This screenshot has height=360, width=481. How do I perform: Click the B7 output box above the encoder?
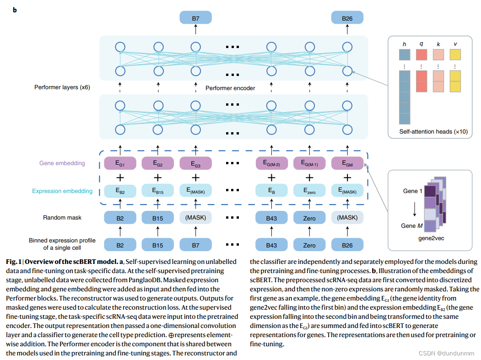(195, 18)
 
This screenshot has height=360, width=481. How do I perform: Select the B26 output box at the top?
(347, 18)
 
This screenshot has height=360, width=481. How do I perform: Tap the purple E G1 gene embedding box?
(120, 163)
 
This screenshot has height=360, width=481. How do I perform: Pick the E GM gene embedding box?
(347, 163)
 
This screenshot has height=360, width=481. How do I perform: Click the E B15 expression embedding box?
(158, 191)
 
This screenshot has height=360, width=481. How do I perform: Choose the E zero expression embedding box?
(309, 191)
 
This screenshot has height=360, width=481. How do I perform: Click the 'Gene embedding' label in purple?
(62, 163)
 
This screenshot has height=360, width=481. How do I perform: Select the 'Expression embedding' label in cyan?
(62, 191)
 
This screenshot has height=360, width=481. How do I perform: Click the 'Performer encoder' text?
(230, 88)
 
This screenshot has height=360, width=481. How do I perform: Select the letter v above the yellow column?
(455, 44)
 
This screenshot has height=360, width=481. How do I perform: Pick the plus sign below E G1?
(120, 177)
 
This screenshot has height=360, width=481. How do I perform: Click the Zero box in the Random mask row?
(309, 218)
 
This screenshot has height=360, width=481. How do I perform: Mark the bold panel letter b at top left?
(15, 10)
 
